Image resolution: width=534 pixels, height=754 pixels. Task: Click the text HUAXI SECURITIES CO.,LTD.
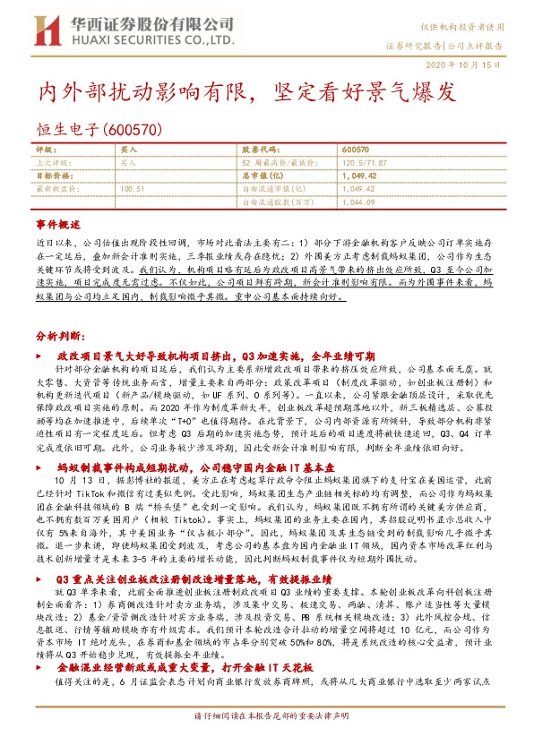[151, 42]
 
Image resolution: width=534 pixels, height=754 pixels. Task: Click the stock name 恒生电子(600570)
[99, 129]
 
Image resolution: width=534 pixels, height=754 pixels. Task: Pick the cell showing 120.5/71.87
[362, 164]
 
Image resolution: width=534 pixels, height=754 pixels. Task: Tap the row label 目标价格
[54, 176]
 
